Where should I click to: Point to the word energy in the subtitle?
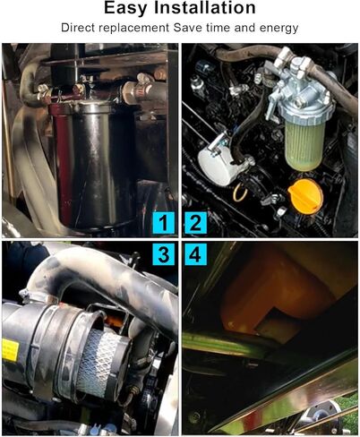[277, 29]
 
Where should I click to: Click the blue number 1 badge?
[162, 223]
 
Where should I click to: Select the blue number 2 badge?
[196, 223]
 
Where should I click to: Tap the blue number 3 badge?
[162, 255]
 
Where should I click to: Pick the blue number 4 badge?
[196, 255]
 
